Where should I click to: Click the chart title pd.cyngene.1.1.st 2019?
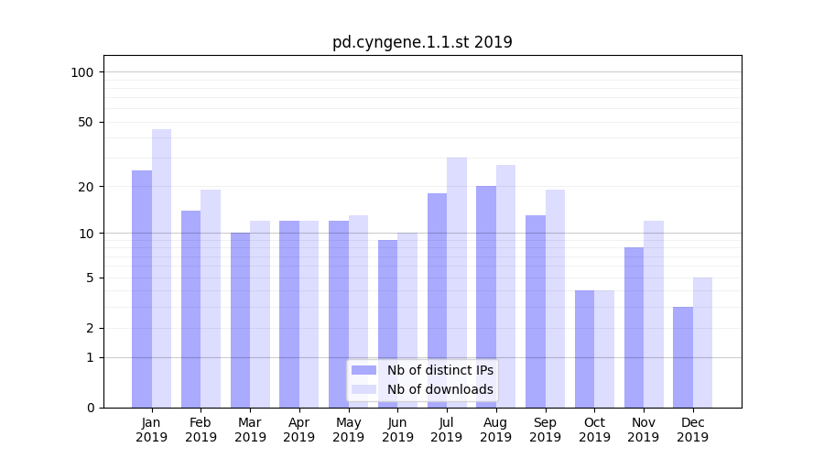tap(422, 42)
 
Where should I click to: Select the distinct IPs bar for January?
tap(142, 289)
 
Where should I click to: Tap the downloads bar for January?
tap(161, 268)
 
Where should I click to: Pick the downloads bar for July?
tap(457, 282)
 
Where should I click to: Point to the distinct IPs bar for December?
tap(683, 357)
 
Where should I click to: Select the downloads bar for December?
tap(702, 343)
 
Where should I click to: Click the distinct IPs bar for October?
tap(584, 349)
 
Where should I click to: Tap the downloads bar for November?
tap(654, 314)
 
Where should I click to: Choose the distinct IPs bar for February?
tap(190, 309)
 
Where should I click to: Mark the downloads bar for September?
tap(555, 299)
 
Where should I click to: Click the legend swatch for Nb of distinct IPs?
tap(363, 370)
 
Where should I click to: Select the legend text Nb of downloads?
tap(439, 389)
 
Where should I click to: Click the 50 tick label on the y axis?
tap(86, 122)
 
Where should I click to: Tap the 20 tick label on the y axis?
tap(86, 187)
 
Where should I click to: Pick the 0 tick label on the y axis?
tap(90, 408)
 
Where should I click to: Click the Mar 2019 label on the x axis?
tap(250, 430)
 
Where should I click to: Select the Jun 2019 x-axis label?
tap(397, 430)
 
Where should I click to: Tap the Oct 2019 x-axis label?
tap(594, 430)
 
